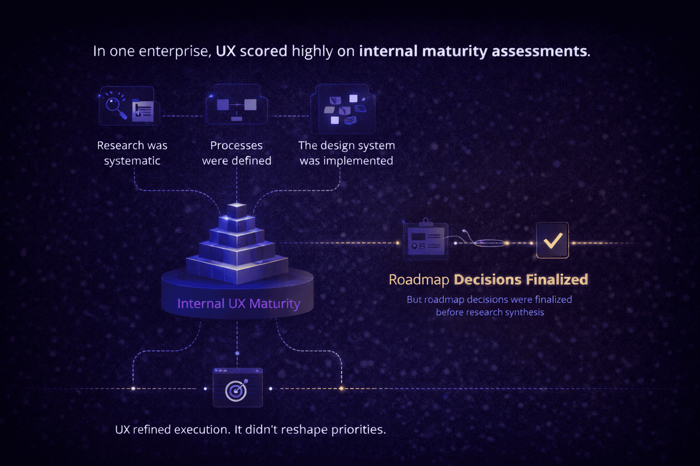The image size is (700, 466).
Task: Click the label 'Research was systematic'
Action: click(132, 153)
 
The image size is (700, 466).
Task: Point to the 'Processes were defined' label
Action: click(237, 153)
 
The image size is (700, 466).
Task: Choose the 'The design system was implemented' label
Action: click(346, 153)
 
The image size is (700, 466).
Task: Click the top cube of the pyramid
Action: click(237, 210)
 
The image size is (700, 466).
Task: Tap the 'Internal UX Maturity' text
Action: click(238, 304)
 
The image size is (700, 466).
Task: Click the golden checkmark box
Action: click(552, 240)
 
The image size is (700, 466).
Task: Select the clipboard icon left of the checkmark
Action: click(426, 241)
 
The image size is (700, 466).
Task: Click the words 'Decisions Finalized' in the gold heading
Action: click(521, 279)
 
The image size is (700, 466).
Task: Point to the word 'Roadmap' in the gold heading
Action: click(419, 279)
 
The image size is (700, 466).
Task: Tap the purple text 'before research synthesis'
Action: click(490, 312)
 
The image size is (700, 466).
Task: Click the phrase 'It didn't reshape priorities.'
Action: click(310, 430)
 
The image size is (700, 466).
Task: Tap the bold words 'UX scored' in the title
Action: click(251, 51)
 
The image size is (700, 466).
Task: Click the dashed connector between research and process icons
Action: click(183, 116)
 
